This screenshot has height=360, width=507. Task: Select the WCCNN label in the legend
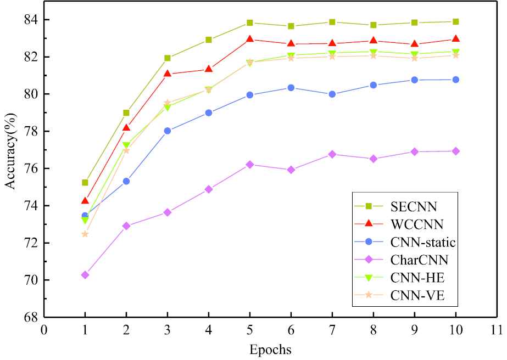click(x=417, y=224)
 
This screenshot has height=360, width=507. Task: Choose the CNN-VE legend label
click(x=416, y=296)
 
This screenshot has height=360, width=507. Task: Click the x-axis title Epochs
click(x=270, y=350)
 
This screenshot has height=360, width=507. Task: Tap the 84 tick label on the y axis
click(x=31, y=20)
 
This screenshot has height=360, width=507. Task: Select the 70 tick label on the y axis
click(x=31, y=280)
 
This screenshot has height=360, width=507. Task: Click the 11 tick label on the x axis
click(x=497, y=329)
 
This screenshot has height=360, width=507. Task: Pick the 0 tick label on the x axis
click(x=44, y=329)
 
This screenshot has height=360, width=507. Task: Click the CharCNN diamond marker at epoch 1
click(x=85, y=274)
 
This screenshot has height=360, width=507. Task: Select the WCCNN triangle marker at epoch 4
click(x=209, y=69)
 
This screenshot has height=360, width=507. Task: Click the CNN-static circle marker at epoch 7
click(x=332, y=94)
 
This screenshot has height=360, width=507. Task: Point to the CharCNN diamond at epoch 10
click(x=456, y=151)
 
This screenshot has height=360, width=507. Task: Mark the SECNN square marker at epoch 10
click(x=456, y=21)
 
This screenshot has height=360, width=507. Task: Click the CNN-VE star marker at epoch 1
click(x=85, y=234)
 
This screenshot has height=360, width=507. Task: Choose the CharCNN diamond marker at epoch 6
click(x=291, y=170)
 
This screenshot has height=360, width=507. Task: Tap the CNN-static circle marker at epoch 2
click(x=126, y=181)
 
